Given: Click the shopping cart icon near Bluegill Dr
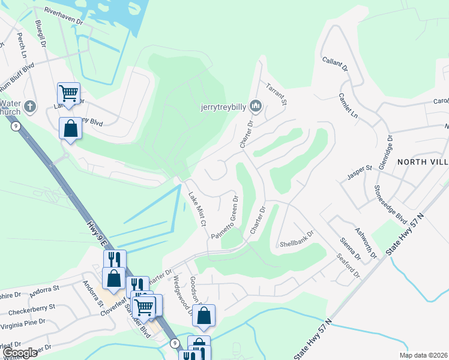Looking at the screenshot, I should (69, 93).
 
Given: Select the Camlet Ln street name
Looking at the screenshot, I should (348, 104).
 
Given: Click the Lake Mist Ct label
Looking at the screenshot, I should (197, 209).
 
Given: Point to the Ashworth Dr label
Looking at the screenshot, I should (366, 243).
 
